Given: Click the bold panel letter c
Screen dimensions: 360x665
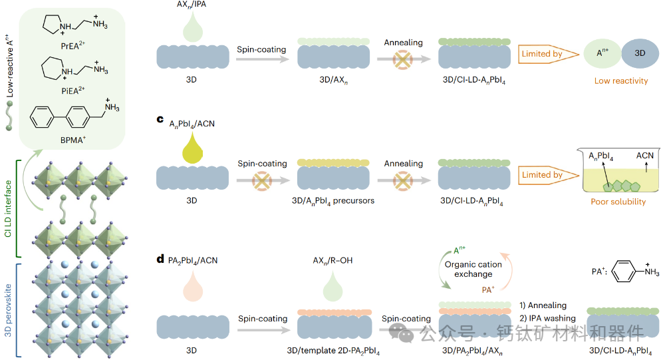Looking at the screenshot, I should pos(160,120).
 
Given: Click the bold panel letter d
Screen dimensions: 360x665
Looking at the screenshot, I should pos(160,259).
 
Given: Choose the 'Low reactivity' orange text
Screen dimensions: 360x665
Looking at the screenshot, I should pos(621,81).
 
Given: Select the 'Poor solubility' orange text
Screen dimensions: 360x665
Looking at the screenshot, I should pos(618,202).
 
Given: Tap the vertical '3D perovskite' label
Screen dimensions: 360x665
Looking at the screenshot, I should pos(9,309).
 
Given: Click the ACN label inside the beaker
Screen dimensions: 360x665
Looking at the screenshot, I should pos(645,156).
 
